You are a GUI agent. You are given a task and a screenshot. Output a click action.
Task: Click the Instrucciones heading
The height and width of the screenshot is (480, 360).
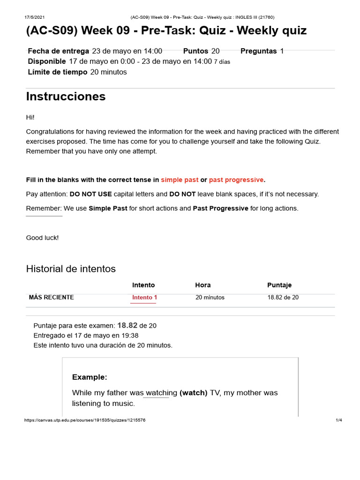66,97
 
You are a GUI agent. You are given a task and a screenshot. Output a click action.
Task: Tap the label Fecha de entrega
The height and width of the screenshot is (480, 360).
58,51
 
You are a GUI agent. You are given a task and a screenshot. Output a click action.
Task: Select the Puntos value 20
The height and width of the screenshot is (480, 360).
215,51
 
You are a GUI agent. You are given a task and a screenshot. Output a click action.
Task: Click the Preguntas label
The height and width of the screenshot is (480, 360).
259,51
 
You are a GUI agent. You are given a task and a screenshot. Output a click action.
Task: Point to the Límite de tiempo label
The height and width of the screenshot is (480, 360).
57,72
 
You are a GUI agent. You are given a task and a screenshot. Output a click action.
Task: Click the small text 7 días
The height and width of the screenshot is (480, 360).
222,62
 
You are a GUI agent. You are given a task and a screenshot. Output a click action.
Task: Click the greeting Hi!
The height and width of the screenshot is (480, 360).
30,117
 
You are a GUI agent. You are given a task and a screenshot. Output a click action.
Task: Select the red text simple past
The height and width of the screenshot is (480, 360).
180,180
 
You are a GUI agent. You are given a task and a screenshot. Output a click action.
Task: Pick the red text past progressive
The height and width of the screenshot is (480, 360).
236,180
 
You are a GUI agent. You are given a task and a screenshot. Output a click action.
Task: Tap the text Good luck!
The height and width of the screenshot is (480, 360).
42,238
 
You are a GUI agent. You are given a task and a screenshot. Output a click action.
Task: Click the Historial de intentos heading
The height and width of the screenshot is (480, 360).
71,269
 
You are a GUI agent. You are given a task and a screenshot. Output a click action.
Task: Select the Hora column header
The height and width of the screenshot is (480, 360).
202,285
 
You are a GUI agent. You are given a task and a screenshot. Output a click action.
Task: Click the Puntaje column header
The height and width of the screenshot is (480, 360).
279,285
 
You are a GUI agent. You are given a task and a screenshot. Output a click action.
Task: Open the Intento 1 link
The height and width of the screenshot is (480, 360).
144,298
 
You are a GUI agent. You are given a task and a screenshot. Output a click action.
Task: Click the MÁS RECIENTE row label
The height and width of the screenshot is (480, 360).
51,298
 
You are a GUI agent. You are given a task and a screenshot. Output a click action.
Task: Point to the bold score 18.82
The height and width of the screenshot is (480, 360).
127,325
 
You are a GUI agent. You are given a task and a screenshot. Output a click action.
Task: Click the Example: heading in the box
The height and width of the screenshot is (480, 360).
90,377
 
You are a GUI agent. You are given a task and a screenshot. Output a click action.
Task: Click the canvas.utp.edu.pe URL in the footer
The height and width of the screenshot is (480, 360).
84,420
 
